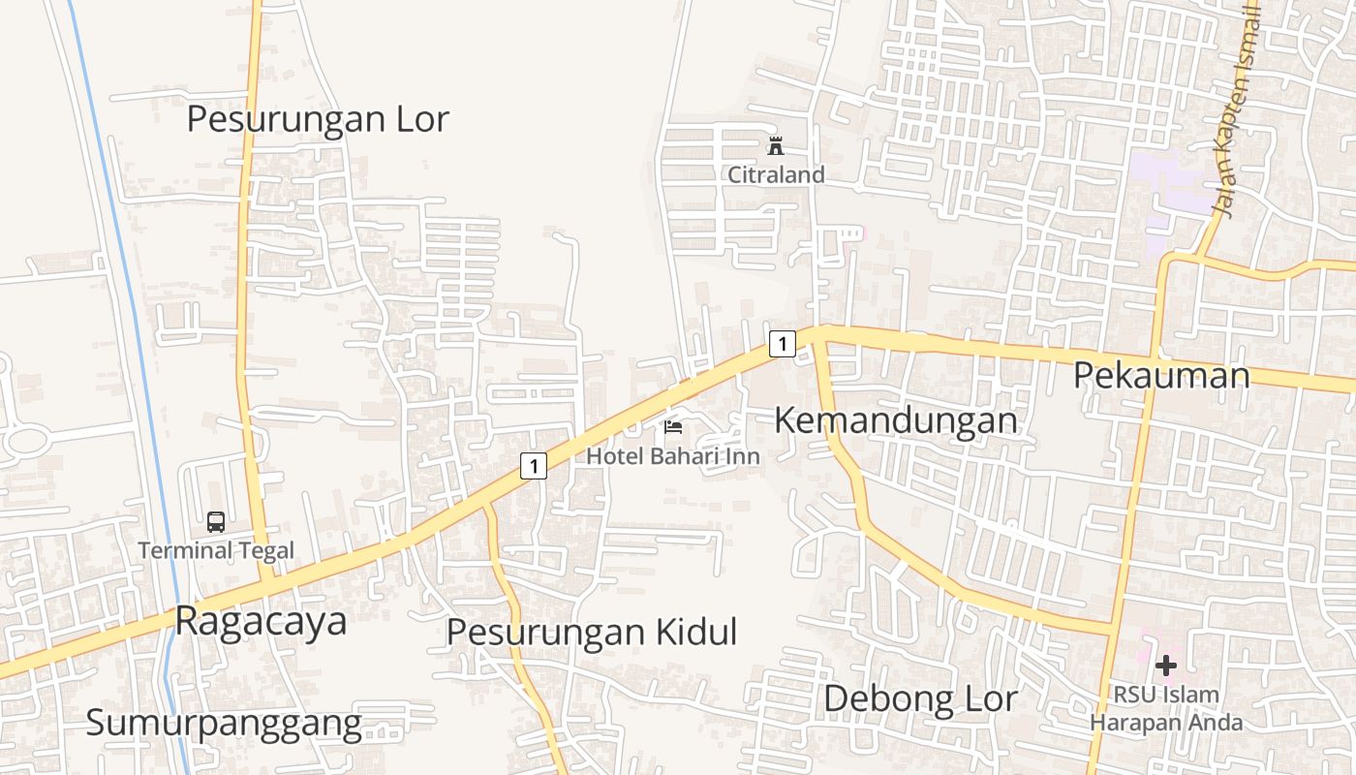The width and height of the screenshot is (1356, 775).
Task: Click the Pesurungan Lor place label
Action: point(318,119)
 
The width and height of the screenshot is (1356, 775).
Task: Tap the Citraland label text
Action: point(776,175)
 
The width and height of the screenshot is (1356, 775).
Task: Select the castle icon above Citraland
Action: point(776,146)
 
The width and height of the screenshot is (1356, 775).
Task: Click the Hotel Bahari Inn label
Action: point(673,455)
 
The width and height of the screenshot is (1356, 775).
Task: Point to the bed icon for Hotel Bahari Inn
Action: point(673,426)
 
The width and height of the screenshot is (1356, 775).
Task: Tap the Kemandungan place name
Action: point(896,420)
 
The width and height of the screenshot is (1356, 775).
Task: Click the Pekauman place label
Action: point(1161,375)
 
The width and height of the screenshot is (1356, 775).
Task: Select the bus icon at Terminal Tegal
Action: point(216,522)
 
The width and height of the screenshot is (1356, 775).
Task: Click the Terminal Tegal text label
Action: point(215,551)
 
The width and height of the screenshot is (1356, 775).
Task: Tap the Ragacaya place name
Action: point(261,621)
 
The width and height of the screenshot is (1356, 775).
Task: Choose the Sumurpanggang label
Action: point(224,723)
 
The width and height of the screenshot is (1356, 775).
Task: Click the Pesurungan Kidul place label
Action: point(591,632)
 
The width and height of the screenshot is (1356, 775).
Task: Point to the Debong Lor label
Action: point(920,698)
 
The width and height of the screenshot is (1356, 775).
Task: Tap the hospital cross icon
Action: point(1166,666)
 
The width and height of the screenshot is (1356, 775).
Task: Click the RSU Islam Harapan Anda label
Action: point(1166,708)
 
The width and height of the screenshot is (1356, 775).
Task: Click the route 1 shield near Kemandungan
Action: point(782,343)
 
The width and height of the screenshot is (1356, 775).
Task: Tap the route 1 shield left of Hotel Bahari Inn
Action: point(533,466)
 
